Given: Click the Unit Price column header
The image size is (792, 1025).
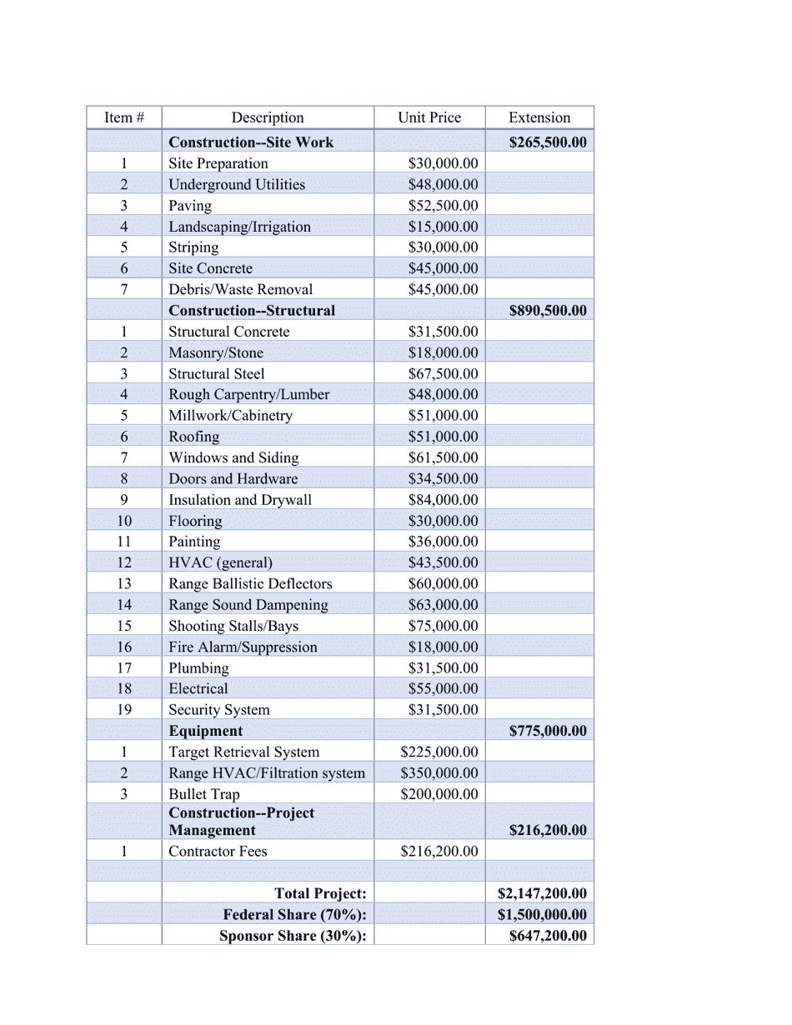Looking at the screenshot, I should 429,117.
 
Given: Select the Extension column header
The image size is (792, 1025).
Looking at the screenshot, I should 539,117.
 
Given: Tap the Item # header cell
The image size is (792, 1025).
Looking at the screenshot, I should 123,117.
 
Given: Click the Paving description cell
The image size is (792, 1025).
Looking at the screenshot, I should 190,206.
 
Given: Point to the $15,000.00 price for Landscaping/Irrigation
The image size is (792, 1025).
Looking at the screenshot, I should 443,227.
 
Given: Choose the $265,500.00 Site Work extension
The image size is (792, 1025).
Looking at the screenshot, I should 547,142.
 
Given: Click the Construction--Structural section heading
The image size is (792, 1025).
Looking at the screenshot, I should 252,311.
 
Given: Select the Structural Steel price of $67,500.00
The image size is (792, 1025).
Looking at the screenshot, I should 443,373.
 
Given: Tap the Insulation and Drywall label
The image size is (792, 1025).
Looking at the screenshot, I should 240,500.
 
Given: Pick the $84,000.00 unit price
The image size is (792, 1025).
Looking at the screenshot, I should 443,500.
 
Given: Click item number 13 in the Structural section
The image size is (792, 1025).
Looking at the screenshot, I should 123,584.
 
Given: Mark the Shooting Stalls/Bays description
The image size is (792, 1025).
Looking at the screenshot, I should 233,626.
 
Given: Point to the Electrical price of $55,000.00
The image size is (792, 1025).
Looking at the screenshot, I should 443,689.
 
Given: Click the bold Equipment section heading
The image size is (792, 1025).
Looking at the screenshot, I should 206,731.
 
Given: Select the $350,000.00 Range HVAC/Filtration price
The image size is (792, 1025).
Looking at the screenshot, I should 439,773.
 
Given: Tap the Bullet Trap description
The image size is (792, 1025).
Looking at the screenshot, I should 204,794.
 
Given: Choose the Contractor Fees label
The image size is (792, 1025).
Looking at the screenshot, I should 218,851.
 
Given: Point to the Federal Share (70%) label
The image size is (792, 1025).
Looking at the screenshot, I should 294,914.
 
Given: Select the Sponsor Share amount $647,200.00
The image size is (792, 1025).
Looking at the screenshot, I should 547,936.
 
